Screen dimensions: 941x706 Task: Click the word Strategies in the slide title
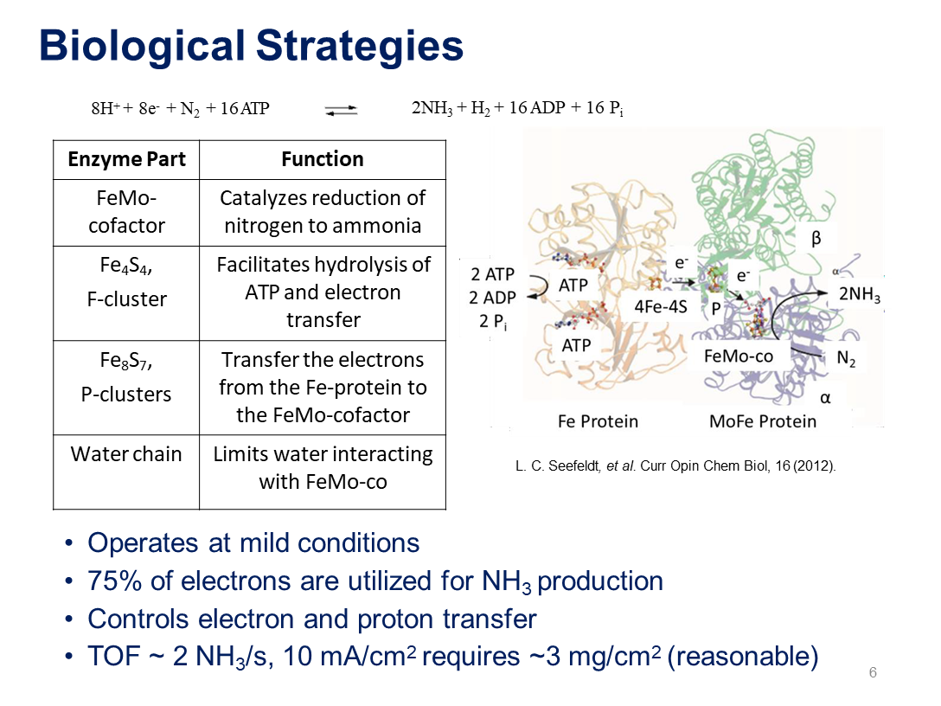[360, 46]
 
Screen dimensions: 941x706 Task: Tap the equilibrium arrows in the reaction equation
[341, 110]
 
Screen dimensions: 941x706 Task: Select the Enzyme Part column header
[126, 159]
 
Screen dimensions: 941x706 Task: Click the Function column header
[323, 159]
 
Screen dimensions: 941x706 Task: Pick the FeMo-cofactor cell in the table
[126, 212]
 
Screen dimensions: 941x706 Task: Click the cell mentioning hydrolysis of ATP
[323, 292]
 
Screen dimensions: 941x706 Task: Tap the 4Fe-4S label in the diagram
[660, 307]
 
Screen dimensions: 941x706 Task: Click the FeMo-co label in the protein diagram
[738, 356]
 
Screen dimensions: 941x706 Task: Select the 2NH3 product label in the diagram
[860, 294]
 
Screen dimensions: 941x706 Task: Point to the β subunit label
[816, 239]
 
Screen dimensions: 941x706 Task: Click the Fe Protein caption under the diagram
[598, 421]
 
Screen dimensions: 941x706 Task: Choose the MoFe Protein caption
[763, 421]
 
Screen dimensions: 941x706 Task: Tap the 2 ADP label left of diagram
[492, 298]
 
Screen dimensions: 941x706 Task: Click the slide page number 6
[873, 672]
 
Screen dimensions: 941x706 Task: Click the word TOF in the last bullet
[114, 656]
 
